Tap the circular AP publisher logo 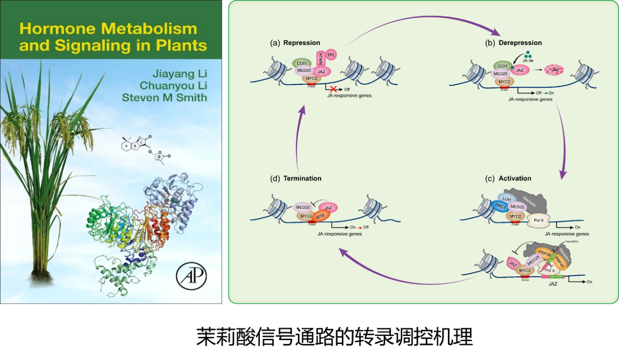(191, 278)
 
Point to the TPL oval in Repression (331, 55)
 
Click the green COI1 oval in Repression (303, 63)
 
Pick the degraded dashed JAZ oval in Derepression (554, 70)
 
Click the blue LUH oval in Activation (506, 199)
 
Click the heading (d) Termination (296, 178)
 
